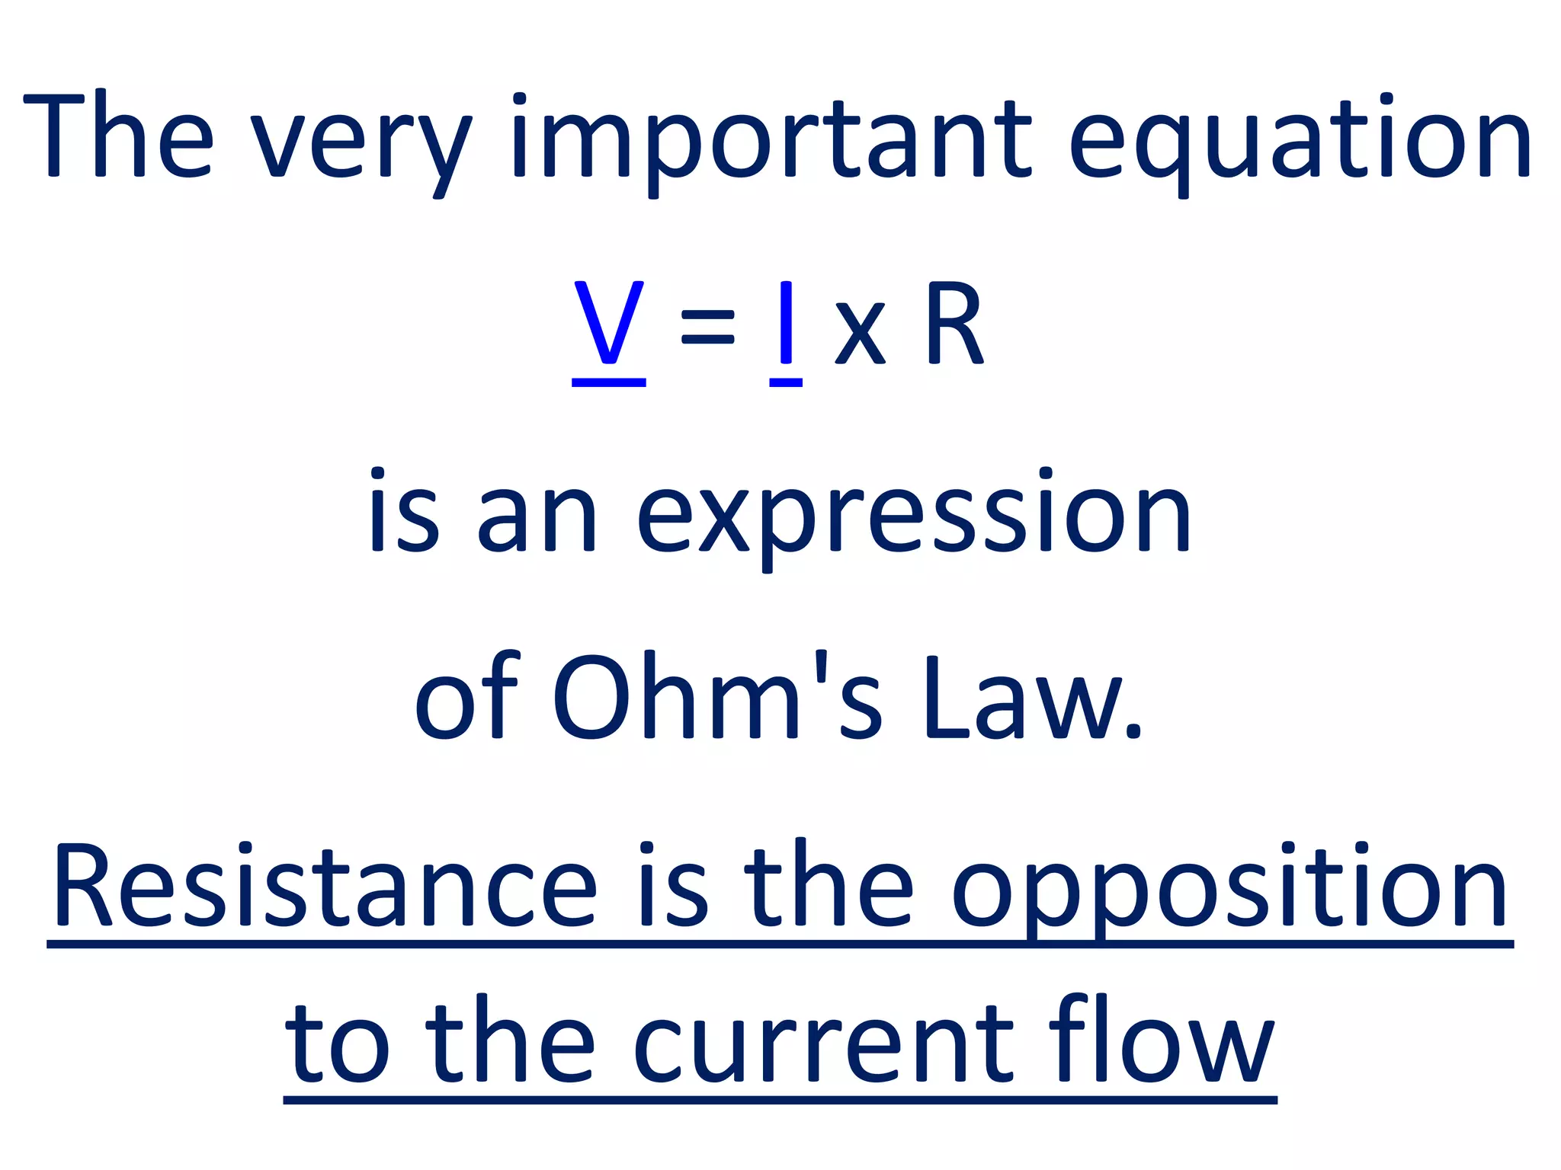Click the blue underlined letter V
tap(608, 324)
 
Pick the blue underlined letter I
tap(786, 324)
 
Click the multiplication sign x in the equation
tap(861, 333)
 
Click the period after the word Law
tap(1133, 732)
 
